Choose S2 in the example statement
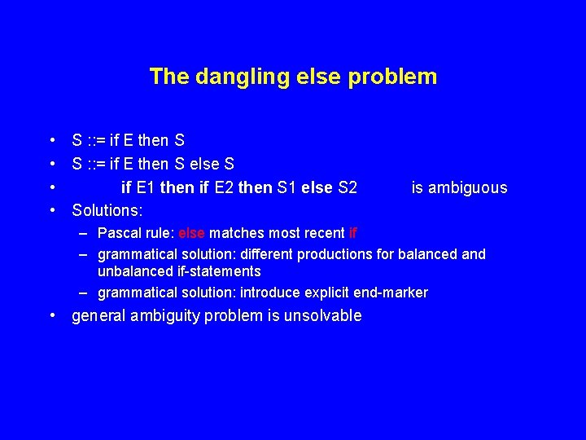347,188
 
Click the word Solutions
107,210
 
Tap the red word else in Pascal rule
193,233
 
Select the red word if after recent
352,233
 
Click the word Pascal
119,233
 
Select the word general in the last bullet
99,316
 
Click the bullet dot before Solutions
52,210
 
